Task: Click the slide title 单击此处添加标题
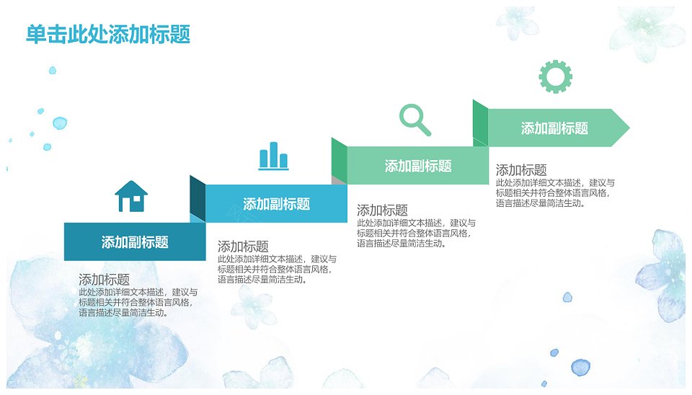(108, 35)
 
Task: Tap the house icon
(131, 196)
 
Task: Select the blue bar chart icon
(274, 156)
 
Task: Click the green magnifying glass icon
(415, 120)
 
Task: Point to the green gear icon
(556, 76)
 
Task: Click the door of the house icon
(125, 205)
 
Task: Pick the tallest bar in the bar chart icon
(274, 154)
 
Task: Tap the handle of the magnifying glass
(424, 129)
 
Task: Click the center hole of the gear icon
(556, 76)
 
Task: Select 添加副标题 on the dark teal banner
(135, 242)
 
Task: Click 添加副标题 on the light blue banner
(276, 204)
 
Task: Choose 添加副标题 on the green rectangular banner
(418, 166)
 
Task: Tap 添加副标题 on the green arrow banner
(554, 128)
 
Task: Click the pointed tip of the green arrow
(629, 128)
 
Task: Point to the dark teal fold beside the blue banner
(198, 199)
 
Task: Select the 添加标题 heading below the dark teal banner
(104, 280)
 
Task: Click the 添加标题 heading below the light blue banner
(243, 247)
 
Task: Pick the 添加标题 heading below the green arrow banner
(521, 170)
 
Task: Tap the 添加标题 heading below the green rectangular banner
(382, 210)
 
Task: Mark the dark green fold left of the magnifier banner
(340, 161)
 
